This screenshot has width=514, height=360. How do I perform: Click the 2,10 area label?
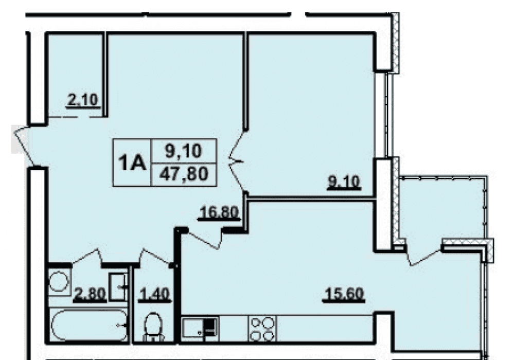tap(83, 100)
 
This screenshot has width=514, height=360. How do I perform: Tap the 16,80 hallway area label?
tap(219, 212)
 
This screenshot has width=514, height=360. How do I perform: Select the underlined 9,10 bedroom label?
tap(344, 182)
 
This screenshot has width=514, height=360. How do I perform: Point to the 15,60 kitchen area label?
tap(343, 293)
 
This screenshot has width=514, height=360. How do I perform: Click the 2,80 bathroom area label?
tap(90, 294)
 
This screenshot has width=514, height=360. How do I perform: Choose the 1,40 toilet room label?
tap(155, 294)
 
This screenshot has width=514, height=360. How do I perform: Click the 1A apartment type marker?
tap(132, 163)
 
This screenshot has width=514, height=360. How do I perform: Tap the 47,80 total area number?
tap(184, 174)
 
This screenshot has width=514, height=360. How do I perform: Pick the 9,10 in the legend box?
tap(183, 151)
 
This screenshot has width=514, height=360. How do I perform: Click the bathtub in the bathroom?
tap(89, 325)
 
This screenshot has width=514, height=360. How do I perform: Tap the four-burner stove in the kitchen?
tap(262, 329)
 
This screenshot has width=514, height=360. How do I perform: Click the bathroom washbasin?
tap(118, 286)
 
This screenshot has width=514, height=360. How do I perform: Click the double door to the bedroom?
tap(237, 161)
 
